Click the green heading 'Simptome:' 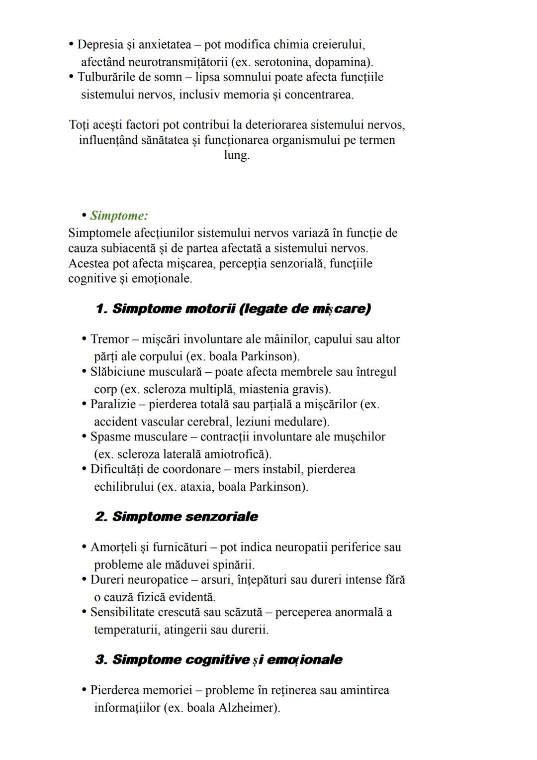119,216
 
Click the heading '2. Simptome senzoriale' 177,517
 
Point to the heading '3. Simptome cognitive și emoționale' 219,660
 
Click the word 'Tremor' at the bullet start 109,339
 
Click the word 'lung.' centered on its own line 237,155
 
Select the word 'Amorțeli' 113,547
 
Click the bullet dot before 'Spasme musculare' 84,437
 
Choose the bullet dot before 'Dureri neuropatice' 84,580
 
